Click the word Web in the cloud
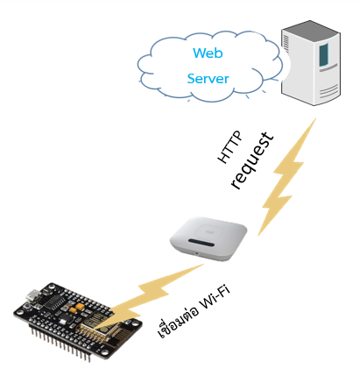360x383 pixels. click(208, 53)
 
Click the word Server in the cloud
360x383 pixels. click(208, 79)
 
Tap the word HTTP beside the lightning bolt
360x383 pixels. click(230, 147)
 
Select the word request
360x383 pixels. click(251, 160)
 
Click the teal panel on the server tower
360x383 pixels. click(324, 54)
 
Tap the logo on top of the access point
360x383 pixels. click(209, 232)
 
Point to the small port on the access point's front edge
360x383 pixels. click(196, 253)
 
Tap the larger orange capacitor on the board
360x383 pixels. click(80, 307)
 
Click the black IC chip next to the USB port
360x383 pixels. click(55, 301)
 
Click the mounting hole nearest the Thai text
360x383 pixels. click(135, 323)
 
